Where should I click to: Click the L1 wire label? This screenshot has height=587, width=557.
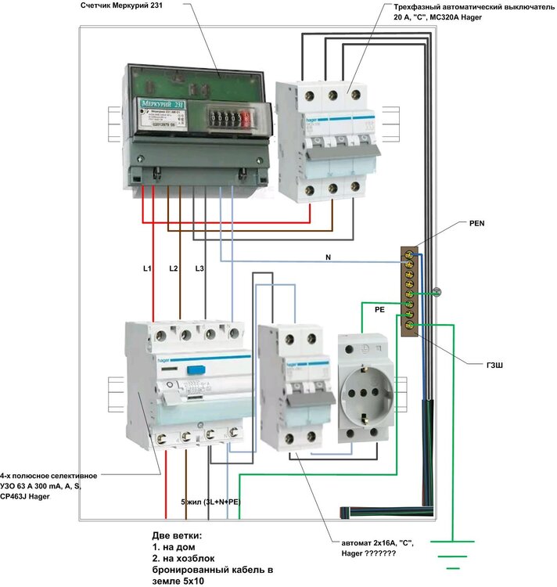(146, 269)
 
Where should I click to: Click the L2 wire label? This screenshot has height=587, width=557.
(174, 269)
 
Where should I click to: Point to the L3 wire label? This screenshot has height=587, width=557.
(199, 269)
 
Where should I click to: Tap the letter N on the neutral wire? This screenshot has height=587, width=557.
(328, 257)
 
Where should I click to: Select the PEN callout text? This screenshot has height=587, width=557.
(477, 223)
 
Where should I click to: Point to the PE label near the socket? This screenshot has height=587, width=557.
(380, 310)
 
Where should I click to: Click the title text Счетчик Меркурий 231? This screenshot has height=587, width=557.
(128, 6)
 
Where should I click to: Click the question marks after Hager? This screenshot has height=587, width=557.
(379, 554)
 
